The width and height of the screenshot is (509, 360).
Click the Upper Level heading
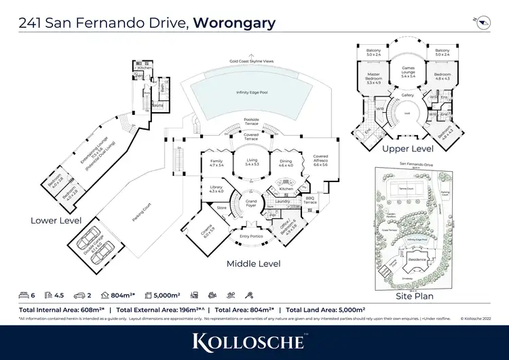408,148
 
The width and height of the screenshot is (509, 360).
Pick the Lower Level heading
56,221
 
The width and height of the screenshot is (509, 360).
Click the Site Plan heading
414,296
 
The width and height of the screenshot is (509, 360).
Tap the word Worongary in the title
234,22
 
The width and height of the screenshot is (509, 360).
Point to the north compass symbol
483,22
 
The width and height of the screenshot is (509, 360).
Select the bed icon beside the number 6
24,295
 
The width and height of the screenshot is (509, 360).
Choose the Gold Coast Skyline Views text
252,61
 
